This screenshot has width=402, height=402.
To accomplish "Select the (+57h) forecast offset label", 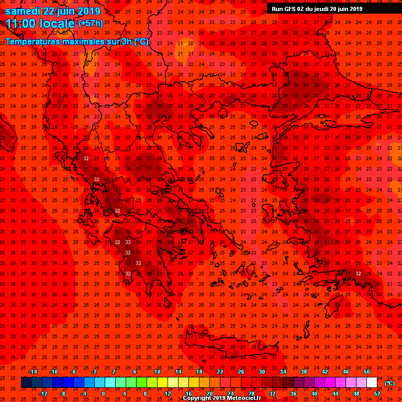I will (91, 24).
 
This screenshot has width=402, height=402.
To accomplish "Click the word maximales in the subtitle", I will (82, 41).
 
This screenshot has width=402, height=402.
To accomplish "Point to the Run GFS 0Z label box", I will (317, 8).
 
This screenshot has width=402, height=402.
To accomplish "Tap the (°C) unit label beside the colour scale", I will (389, 383).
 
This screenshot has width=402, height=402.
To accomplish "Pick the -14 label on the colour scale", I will (32, 372).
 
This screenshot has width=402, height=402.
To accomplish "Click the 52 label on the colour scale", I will (377, 394).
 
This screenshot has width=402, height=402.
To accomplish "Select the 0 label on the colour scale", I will (103, 394).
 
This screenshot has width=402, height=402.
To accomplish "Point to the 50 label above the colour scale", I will (366, 372).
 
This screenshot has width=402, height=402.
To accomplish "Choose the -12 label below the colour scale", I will (43, 394).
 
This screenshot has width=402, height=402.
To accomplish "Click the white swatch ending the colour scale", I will (372, 383).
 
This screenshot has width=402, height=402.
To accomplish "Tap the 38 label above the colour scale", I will (304, 372).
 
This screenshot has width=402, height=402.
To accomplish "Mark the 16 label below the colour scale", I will (188, 394).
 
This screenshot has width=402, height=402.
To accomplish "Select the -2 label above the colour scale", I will (94, 372).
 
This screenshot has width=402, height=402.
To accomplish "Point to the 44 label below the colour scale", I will (335, 394).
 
